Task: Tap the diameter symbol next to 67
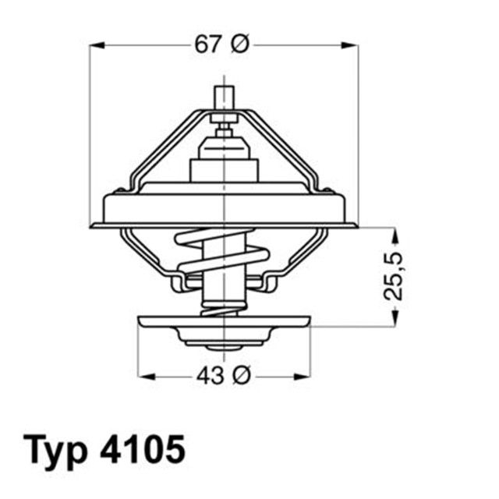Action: [240, 45]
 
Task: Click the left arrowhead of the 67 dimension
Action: [94, 45]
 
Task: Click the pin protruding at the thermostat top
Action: [225, 97]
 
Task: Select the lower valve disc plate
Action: [225, 320]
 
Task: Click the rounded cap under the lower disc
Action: [225, 337]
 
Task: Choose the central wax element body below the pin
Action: [225, 160]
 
